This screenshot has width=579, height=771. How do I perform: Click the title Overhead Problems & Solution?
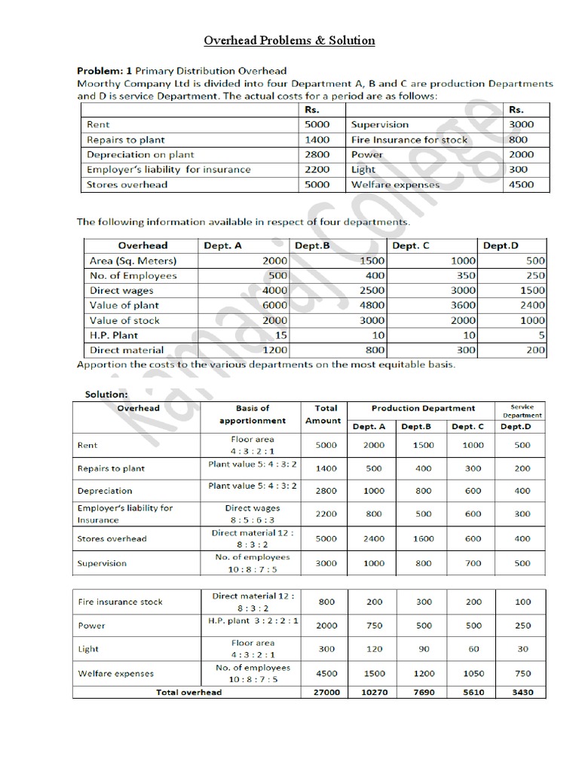pyautogui.click(x=290, y=40)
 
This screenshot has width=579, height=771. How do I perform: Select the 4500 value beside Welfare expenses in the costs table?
pyautogui.click(x=521, y=184)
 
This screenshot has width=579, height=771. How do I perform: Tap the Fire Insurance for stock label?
pyautogui.click(x=409, y=139)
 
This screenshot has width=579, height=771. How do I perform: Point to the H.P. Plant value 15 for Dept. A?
pyautogui.click(x=280, y=335)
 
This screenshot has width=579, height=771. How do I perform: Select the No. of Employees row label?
pyautogui.click(x=133, y=276)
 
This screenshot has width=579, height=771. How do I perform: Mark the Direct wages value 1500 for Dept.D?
pyautogui.click(x=532, y=291)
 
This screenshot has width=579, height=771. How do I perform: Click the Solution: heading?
pyautogui.click(x=106, y=394)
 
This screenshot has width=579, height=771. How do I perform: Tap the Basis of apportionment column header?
pyautogui.click(x=253, y=414)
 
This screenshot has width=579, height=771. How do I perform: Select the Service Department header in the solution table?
pyautogui.click(x=522, y=411)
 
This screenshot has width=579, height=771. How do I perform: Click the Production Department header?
pyautogui.click(x=423, y=408)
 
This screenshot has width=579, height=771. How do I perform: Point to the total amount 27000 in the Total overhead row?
pyautogui.click(x=326, y=692)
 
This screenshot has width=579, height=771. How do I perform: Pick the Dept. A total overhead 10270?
pyautogui.click(x=374, y=692)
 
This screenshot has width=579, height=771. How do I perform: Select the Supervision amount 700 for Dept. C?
pyautogui.click(x=473, y=563)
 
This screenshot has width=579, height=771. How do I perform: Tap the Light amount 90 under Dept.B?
pyautogui.click(x=424, y=649)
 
